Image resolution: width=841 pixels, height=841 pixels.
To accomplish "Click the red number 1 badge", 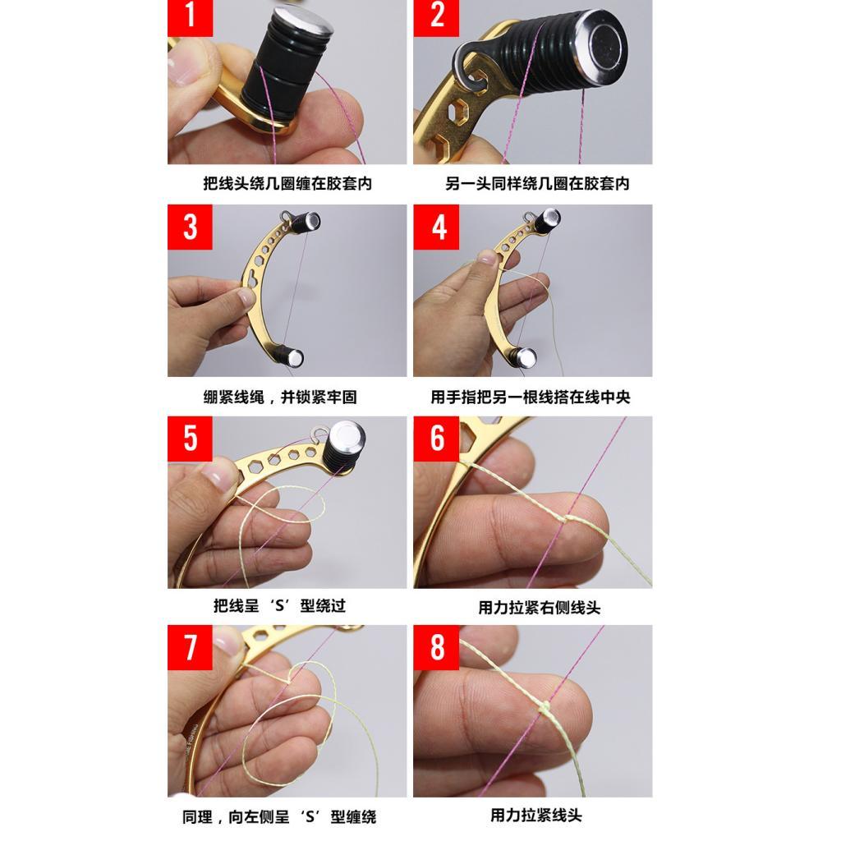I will [190, 17].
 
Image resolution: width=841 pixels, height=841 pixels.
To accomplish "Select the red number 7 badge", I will [190, 646].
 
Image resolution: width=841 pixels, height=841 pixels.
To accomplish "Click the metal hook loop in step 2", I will [470, 67].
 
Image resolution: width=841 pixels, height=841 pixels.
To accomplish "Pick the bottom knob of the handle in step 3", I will [293, 357].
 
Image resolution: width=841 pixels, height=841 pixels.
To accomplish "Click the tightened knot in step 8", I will [545, 708].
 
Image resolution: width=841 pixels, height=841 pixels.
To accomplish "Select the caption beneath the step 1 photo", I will [287, 184].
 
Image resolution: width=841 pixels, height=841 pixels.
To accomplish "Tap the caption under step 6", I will [539, 608].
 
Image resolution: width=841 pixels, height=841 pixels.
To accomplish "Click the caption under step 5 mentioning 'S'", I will [279, 606].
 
